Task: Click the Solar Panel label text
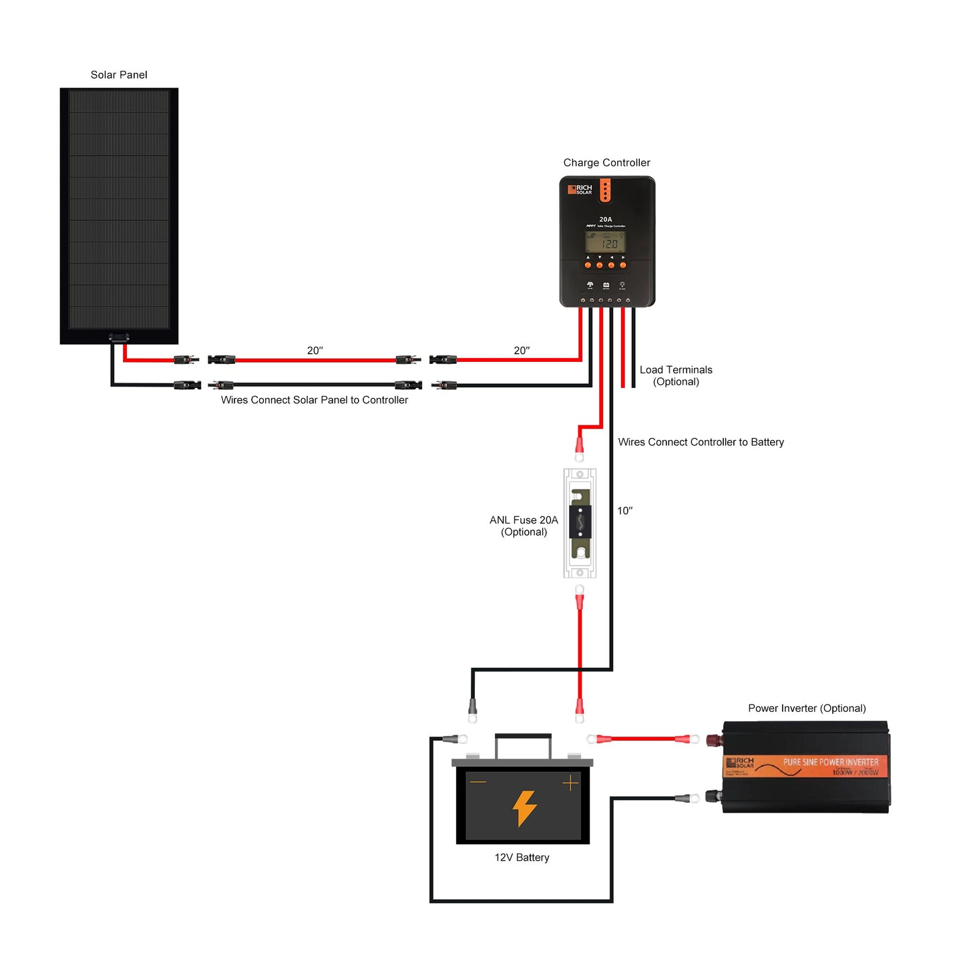coord(119,75)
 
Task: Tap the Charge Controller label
coord(606,163)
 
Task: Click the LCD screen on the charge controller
coord(605,242)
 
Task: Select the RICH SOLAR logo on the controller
coord(580,190)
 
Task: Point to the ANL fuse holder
coord(580,523)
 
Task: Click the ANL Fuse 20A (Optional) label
coord(524,526)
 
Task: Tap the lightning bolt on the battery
coord(524,808)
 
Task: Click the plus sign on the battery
coord(570,783)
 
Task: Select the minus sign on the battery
coord(478,782)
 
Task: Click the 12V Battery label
coord(522,857)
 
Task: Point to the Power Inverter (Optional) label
coord(807,709)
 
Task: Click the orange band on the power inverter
coord(806,767)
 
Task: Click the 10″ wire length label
coord(624,511)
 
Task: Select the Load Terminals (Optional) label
coord(676,376)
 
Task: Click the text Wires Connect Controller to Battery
coord(701,442)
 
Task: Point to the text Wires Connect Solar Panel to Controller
coord(315,400)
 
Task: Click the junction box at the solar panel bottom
coord(119,337)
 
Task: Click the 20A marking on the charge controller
coord(605,219)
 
